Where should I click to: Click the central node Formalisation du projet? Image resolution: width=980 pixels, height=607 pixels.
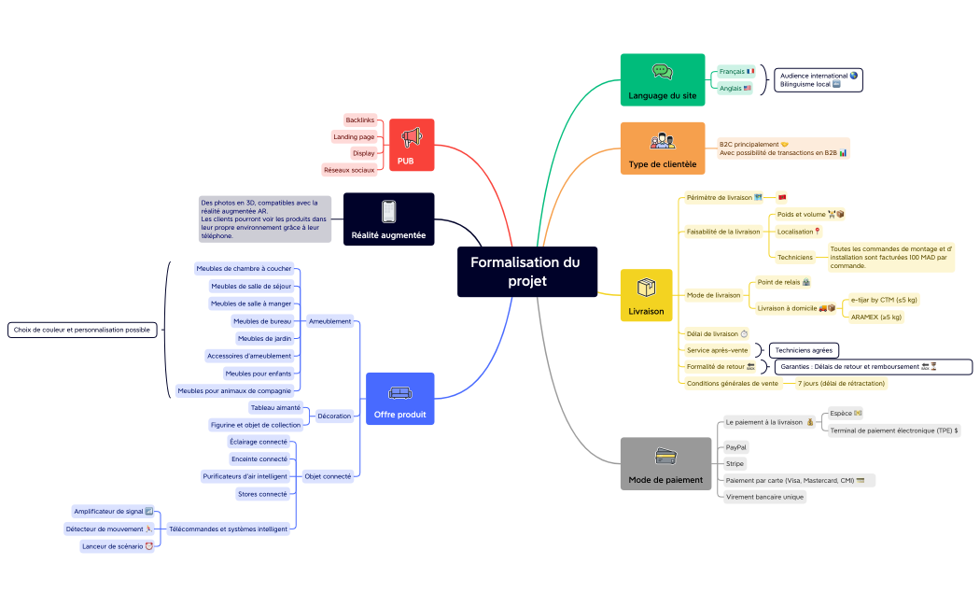coord(526,272)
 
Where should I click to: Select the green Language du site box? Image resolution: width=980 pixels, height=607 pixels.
coord(662,79)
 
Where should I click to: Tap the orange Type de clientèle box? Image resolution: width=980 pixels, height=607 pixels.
coord(662,148)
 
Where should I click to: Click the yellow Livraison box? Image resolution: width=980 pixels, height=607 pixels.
coord(646,296)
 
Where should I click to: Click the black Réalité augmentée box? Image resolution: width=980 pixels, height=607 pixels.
coord(388,219)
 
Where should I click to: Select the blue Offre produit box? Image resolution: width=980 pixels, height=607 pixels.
coord(399,399)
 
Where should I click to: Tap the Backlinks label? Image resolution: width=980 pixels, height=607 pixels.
coord(359,120)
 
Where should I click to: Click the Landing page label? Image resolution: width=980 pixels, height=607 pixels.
coord(354,136)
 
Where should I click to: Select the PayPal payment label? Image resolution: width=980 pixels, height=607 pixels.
coord(736,447)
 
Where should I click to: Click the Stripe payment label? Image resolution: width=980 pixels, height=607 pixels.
coord(735,463)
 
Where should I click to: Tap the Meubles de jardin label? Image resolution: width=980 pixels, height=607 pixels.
coord(264,338)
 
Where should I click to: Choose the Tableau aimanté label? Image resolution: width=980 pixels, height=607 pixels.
coord(275,407)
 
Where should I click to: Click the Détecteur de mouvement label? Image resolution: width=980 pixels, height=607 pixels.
coord(109,529)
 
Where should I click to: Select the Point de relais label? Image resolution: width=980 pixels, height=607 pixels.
coord(783,282)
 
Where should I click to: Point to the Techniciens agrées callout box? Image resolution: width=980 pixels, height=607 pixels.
coord(803,350)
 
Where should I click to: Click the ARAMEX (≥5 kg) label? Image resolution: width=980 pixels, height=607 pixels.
coord(875,317)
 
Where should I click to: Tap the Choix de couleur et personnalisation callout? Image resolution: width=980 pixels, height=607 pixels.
coord(82,330)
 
